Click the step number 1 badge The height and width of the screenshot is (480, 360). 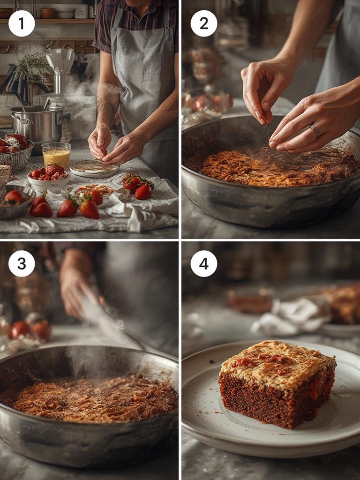22,23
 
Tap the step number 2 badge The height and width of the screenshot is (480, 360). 204,23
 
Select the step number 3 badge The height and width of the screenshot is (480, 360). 22,263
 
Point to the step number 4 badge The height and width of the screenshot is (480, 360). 204,263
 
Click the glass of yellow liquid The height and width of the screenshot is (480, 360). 56,156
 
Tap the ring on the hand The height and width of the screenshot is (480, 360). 315,130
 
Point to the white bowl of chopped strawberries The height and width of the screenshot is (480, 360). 48,179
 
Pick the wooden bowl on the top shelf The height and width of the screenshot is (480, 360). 48,13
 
